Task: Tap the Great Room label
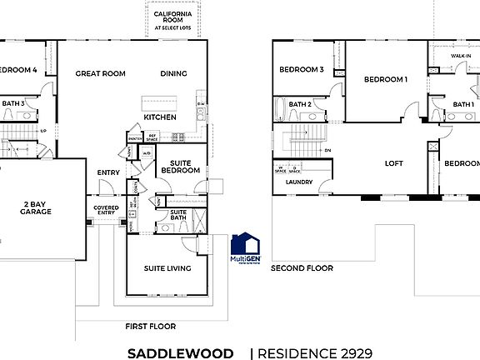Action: [x=100, y=73]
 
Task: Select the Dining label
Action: [x=173, y=73]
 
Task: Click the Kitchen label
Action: [x=159, y=117]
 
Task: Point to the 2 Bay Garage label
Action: [x=36, y=207]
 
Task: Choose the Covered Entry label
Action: [x=106, y=211]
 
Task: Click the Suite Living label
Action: [x=167, y=268]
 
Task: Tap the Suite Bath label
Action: [x=178, y=216]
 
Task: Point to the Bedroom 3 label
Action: [x=301, y=70]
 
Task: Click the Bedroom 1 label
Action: [x=385, y=79]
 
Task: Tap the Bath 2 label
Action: [x=301, y=104]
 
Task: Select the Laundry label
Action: [x=298, y=182]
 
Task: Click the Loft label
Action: [x=393, y=164]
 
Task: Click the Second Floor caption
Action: [x=302, y=268]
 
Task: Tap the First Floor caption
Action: [x=150, y=326]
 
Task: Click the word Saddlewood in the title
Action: [x=180, y=353]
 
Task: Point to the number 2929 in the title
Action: [x=352, y=353]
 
